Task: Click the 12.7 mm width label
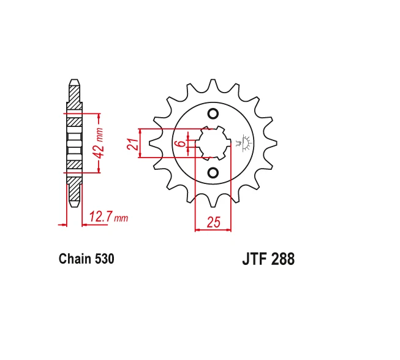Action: pyautogui.click(x=108, y=216)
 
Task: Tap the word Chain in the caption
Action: pyautogui.click(x=75, y=259)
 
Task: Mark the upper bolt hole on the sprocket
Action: pyautogui.click(x=213, y=113)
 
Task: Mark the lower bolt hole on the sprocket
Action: pyautogui.click(x=213, y=173)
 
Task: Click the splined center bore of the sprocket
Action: pyautogui.click(x=213, y=144)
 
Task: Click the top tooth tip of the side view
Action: pyautogui.click(x=74, y=82)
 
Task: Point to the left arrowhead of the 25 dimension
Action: pyautogui.click(x=197, y=230)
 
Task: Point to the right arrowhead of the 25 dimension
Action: pyautogui.click(x=229, y=230)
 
